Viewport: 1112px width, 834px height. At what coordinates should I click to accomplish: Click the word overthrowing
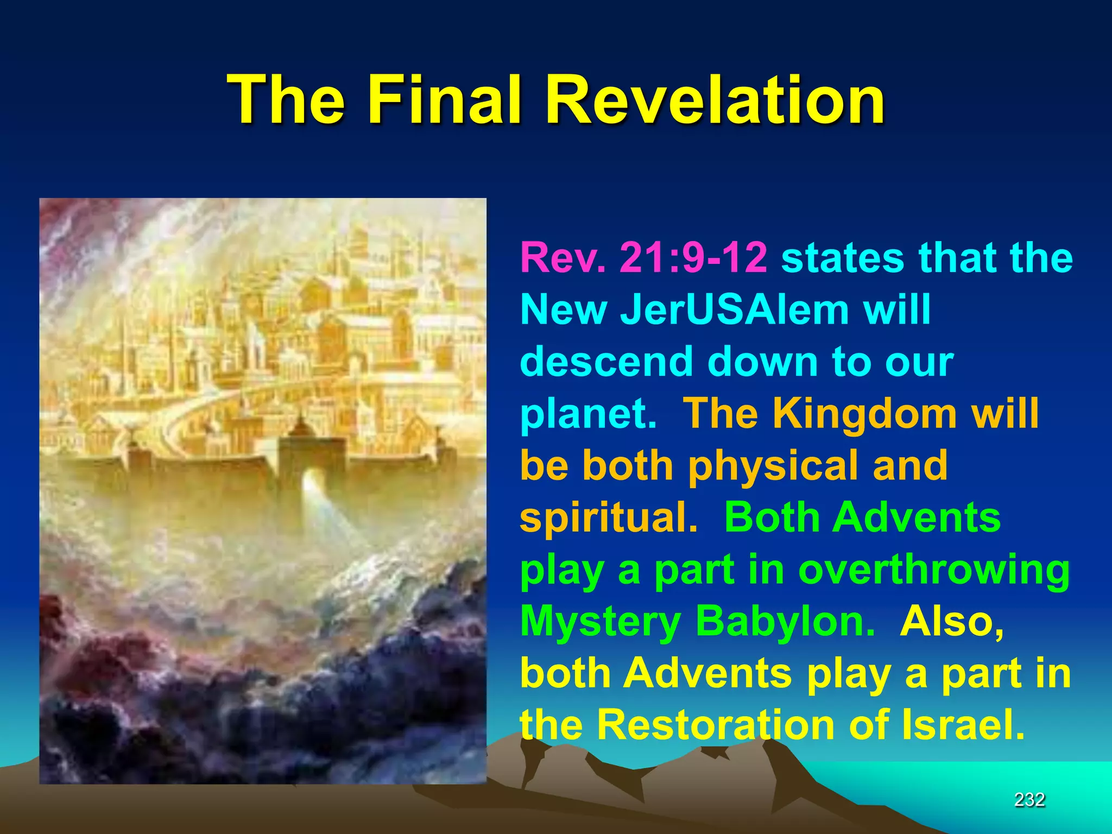point(933,570)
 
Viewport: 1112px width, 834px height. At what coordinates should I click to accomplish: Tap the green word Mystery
point(600,622)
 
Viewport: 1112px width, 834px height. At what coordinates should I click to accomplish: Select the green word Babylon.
point(785,622)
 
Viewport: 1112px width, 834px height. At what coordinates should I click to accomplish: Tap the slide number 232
point(1029,799)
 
